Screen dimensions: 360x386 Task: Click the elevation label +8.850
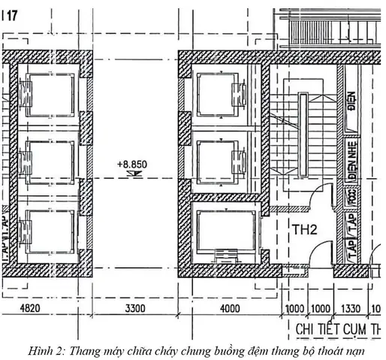click(132, 162)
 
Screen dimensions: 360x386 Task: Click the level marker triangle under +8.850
click(132, 174)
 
